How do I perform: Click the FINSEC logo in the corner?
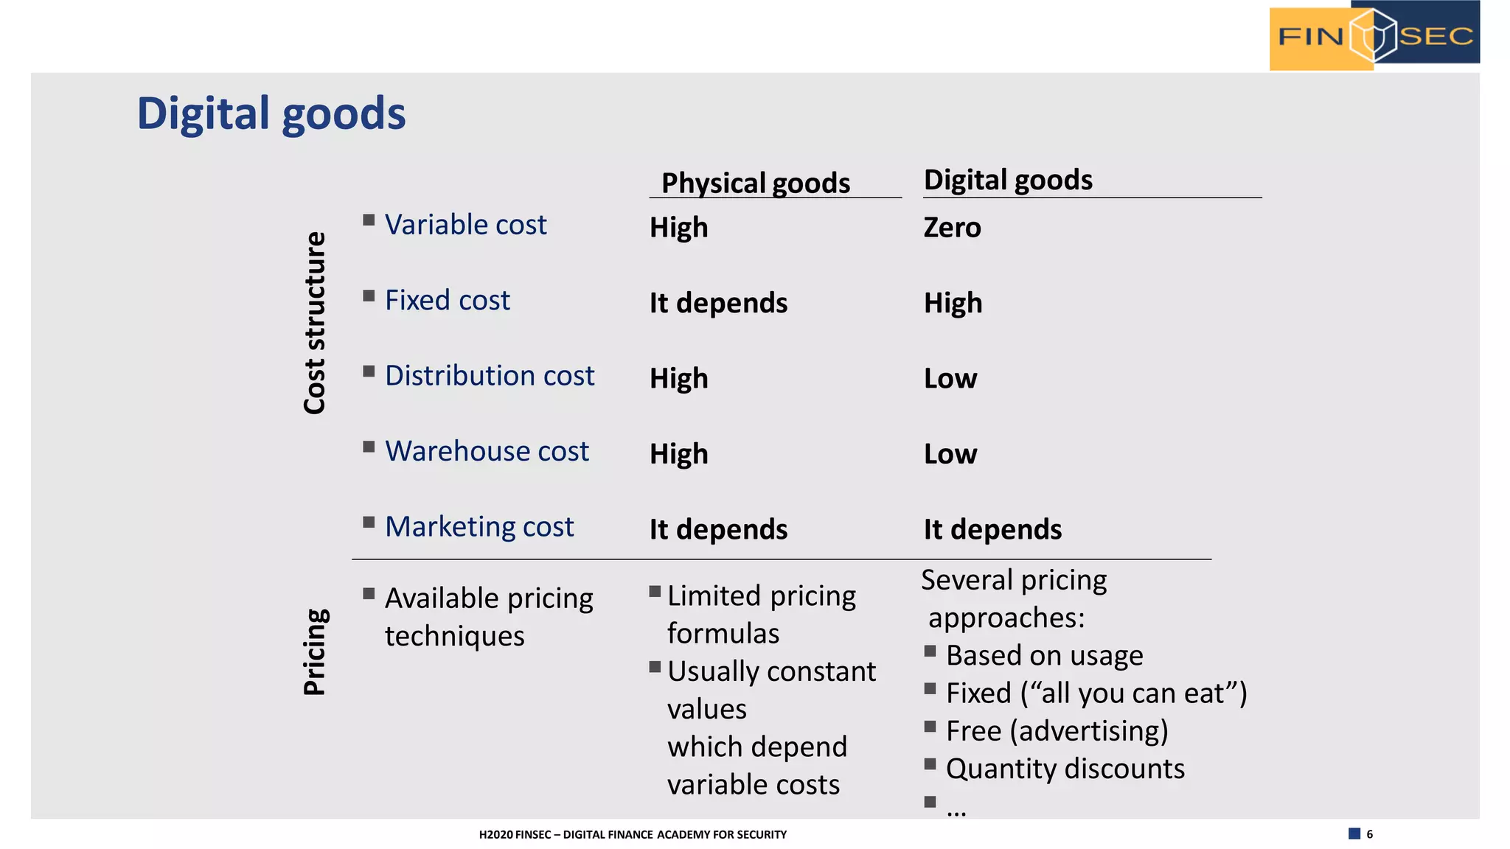[1374, 35]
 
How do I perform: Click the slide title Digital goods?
[271, 113]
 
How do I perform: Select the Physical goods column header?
[756, 183]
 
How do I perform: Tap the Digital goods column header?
[1008, 180]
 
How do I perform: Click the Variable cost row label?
[465, 225]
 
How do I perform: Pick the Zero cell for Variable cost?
[952, 228]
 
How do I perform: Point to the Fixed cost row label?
[447, 301]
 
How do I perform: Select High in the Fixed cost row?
[953, 303]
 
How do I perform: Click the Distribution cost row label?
[489, 376]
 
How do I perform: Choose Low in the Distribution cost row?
[950, 379]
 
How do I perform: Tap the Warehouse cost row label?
[487, 451]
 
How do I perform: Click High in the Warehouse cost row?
[678, 454]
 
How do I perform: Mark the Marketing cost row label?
[479, 527]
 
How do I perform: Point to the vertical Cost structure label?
[315, 323]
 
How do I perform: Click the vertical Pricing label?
[315, 651]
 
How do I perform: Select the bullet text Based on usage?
[1044, 655]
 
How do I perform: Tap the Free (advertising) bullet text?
[1057, 731]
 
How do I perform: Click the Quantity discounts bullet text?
[1065, 769]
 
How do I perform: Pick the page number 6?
[1369, 834]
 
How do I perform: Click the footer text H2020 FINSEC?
[633, 834]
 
